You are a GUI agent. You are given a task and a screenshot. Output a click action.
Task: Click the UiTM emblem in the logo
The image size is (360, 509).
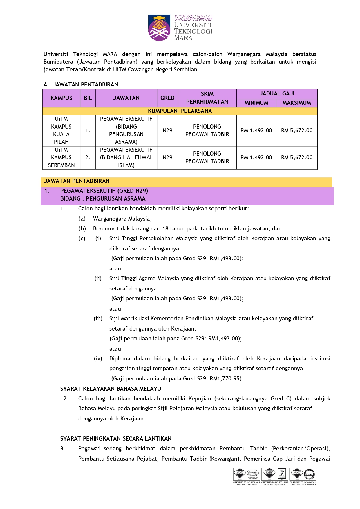coord(159,28)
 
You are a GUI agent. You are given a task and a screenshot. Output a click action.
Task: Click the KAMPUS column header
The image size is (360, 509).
coord(61,98)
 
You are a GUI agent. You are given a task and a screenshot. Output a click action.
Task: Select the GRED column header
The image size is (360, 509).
coord(167,98)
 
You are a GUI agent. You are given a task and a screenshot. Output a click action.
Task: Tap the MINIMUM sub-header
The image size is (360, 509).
coord(256,103)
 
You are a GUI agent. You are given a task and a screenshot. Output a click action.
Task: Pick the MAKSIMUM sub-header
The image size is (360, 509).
coord(296,103)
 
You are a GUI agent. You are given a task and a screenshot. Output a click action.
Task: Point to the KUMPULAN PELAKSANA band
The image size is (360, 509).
coord(180,111)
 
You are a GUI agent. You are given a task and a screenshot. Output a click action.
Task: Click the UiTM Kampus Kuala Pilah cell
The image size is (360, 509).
coord(61,130)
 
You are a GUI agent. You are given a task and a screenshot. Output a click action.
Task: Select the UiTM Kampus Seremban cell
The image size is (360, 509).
coord(61,158)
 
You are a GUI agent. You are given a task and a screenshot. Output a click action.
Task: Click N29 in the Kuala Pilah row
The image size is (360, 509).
coord(167,131)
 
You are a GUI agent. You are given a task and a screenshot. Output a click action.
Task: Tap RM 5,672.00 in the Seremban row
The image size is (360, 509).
coord(297,158)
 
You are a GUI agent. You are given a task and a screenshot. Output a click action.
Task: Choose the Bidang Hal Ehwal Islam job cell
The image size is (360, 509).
coord(126,158)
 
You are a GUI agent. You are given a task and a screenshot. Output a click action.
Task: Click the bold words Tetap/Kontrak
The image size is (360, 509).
coord(86,70)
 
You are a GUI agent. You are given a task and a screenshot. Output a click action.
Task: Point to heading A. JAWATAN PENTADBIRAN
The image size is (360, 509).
coord(81,85)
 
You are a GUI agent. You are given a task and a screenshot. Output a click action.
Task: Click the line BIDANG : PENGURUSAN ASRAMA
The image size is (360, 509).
coord(103,199)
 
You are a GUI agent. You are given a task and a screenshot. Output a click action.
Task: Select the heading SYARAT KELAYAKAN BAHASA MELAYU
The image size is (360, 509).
coord(111,389)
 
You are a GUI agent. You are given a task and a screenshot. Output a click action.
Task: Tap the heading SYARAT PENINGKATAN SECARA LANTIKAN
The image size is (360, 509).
coord(116,439)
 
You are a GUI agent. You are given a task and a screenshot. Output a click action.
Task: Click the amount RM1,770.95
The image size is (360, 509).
coord(225,379)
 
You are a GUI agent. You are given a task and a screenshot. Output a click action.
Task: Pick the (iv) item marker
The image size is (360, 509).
coord(98,359)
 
